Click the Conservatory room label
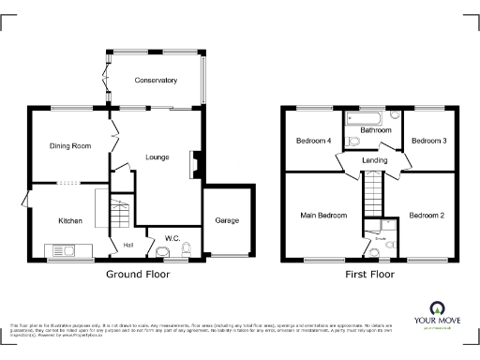pyautogui.click(x=155, y=81)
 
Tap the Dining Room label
pyautogui.click(x=70, y=145)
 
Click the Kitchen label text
pyautogui.click(x=70, y=221)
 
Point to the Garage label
pyautogui.click(x=227, y=220)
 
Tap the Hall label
pyautogui.click(x=127, y=247)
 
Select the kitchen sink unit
pyautogui.click(x=66, y=250)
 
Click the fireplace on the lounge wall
pyautogui.click(x=194, y=165)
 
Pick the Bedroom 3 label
pyautogui.click(x=429, y=141)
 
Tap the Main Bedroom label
pyautogui.click(x=323, y=216)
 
